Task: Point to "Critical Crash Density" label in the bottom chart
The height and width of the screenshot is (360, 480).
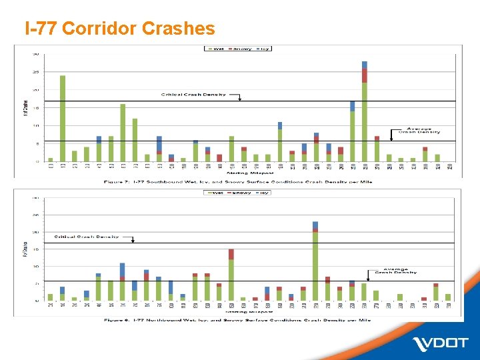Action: [87, 237]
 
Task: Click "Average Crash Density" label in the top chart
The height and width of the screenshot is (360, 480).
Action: [415, 131]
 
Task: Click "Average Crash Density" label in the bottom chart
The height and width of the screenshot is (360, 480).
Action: [395, 269]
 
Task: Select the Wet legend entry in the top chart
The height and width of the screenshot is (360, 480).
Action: [217, 49]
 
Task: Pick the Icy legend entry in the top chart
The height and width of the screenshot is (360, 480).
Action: [261, 49]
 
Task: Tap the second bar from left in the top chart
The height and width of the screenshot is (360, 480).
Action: [63, 119]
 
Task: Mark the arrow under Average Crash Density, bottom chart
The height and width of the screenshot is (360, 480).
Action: [368, 276]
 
